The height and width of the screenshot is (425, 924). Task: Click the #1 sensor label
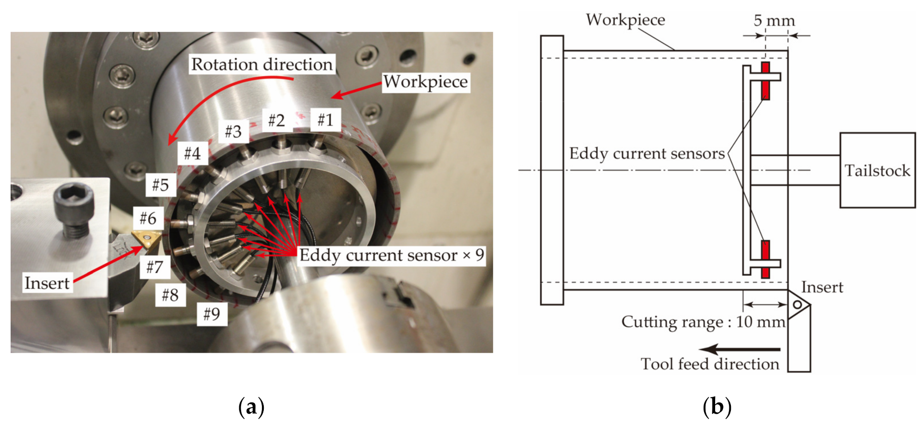(x=325, y=120)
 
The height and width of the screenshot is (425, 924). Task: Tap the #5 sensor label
(x=160, y=185)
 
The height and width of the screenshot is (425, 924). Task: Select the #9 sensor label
(x=212, y=314)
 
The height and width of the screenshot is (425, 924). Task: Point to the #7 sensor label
(x=155, y=267)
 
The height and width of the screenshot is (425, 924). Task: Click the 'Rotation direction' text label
(x=262, y=64)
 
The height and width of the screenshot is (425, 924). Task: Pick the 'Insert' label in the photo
(x=47, y=283)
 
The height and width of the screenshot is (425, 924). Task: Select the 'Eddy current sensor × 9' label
(x=391, y=255)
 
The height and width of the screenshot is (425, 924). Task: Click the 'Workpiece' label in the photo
(x=426, y=82)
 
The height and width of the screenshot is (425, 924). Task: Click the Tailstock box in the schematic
(x=877, y=170)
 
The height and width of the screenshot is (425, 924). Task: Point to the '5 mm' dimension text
(x=774, y=20)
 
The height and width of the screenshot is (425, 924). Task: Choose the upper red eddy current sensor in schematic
(x=766, y=81)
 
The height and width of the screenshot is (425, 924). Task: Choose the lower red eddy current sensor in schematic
(x=766, y=258)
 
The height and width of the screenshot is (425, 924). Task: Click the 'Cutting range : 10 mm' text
(x=703, y=322)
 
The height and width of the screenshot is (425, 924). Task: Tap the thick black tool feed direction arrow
(x=740, y=349)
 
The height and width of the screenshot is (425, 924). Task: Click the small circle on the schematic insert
(x=797, y=305)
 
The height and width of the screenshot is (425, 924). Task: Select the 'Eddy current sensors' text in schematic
(x=647, y=153)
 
